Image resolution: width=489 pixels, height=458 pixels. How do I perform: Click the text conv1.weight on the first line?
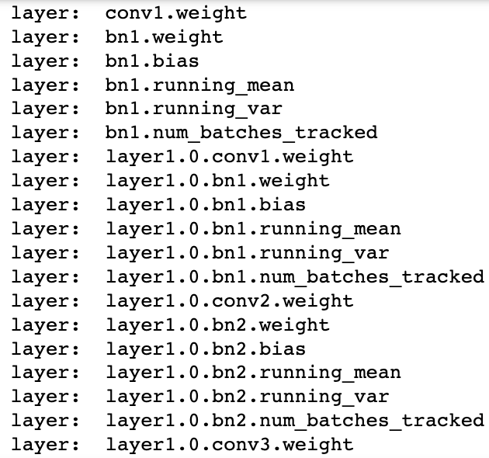click(x=176, y=14)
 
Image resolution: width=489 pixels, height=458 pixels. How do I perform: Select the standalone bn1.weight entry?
click(x=165, y=38)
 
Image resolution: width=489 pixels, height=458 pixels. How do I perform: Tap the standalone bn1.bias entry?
click(x=152, y=61)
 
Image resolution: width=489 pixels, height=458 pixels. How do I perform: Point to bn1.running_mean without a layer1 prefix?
click(x=200, y=85)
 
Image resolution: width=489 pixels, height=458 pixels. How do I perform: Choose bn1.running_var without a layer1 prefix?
click(x=194, y=109)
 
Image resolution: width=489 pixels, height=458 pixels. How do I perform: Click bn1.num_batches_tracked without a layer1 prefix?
click(x=241, y=133)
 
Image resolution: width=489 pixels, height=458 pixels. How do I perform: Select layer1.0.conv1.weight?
click(x=230, y=157)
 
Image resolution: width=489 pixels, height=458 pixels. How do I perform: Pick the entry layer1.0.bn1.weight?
click(x=217, y=181)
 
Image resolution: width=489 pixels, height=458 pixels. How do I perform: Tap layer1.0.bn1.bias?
click(x=206, y=205)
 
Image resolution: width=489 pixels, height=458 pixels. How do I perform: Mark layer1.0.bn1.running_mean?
click(x=254, y=229)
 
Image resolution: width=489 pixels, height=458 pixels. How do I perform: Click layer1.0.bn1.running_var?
click(x=248, y=253)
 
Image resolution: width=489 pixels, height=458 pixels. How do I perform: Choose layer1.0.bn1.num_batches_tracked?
click(x=295, y=277)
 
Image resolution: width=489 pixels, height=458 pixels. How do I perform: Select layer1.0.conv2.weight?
click(x=230, y=301)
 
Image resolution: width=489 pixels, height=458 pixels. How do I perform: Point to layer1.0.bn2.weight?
click(x=217, y=325)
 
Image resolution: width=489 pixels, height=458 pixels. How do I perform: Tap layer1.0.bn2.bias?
click(x=206, y=349)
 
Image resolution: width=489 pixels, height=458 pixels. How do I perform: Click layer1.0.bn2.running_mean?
click(x=254, y=373)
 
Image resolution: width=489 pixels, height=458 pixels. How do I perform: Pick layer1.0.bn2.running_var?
click(x=248, y=397)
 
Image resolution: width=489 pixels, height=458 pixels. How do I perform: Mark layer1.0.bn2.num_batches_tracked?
click(x=295, y=421)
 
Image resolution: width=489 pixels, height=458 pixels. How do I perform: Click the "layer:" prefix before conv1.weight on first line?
click(x=46, y=14)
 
